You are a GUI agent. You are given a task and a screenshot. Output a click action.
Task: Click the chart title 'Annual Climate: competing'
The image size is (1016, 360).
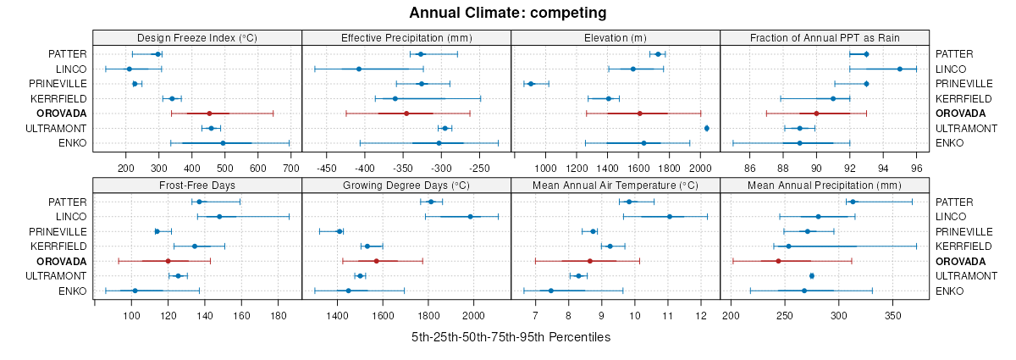[507, 13]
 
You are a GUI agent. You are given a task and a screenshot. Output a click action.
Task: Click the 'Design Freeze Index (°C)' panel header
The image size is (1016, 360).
[196, 37]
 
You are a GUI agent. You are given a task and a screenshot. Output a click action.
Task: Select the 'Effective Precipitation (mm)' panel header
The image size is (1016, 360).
[406, 37]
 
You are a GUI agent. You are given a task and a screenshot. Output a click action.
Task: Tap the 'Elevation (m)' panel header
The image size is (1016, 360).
[616, 37]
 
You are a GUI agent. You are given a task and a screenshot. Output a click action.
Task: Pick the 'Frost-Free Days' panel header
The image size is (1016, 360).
[196, 185]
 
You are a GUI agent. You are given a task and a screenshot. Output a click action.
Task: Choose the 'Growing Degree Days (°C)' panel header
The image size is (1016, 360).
[406, 185]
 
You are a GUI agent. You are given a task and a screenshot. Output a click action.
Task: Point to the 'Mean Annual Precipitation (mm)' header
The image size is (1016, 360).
[825, 185]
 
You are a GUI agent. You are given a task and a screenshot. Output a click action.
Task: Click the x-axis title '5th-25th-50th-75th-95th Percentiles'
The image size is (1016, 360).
[511, 337]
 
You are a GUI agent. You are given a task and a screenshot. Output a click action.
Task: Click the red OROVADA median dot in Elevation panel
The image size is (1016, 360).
[640, 114]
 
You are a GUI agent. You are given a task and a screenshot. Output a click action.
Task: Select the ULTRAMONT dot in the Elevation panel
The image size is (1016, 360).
[707, 128]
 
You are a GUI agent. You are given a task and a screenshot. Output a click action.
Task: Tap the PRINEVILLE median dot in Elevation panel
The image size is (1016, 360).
[531, 84]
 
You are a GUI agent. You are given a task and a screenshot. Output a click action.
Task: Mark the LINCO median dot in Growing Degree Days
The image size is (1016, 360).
[471, 217]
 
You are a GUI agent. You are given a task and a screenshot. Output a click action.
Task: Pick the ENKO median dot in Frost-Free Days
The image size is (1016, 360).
[135, 291]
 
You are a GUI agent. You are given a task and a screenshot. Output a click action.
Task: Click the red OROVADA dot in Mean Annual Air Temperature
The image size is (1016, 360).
[589, 261]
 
